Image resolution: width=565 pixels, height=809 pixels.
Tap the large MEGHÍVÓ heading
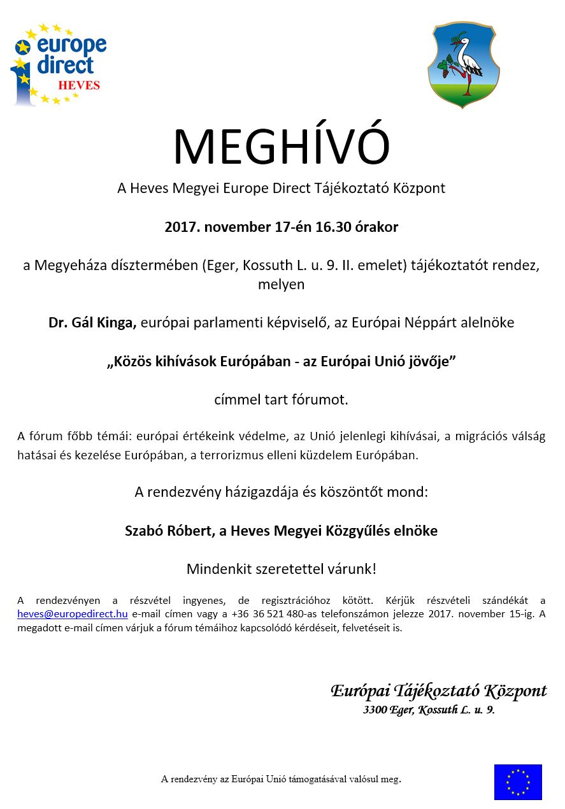281,147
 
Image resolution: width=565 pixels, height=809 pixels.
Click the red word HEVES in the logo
79,85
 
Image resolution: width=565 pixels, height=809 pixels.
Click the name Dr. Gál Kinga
92,323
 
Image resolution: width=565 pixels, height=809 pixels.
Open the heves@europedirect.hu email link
73,614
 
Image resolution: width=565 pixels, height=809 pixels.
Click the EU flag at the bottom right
518,782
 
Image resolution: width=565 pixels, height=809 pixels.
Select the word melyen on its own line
281,284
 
